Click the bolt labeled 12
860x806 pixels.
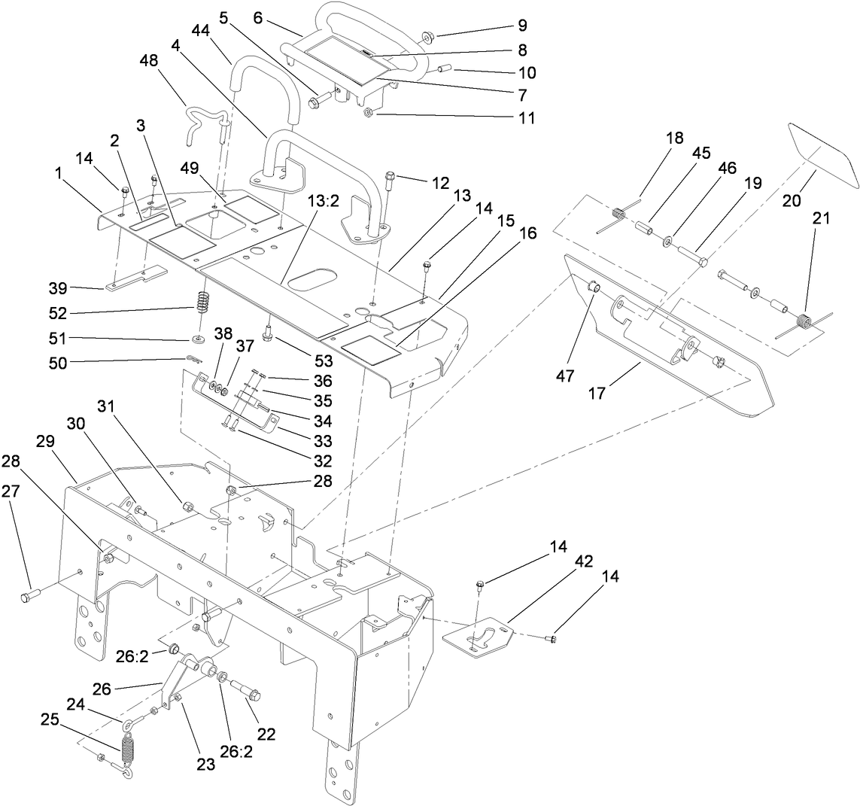coord(389,181)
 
